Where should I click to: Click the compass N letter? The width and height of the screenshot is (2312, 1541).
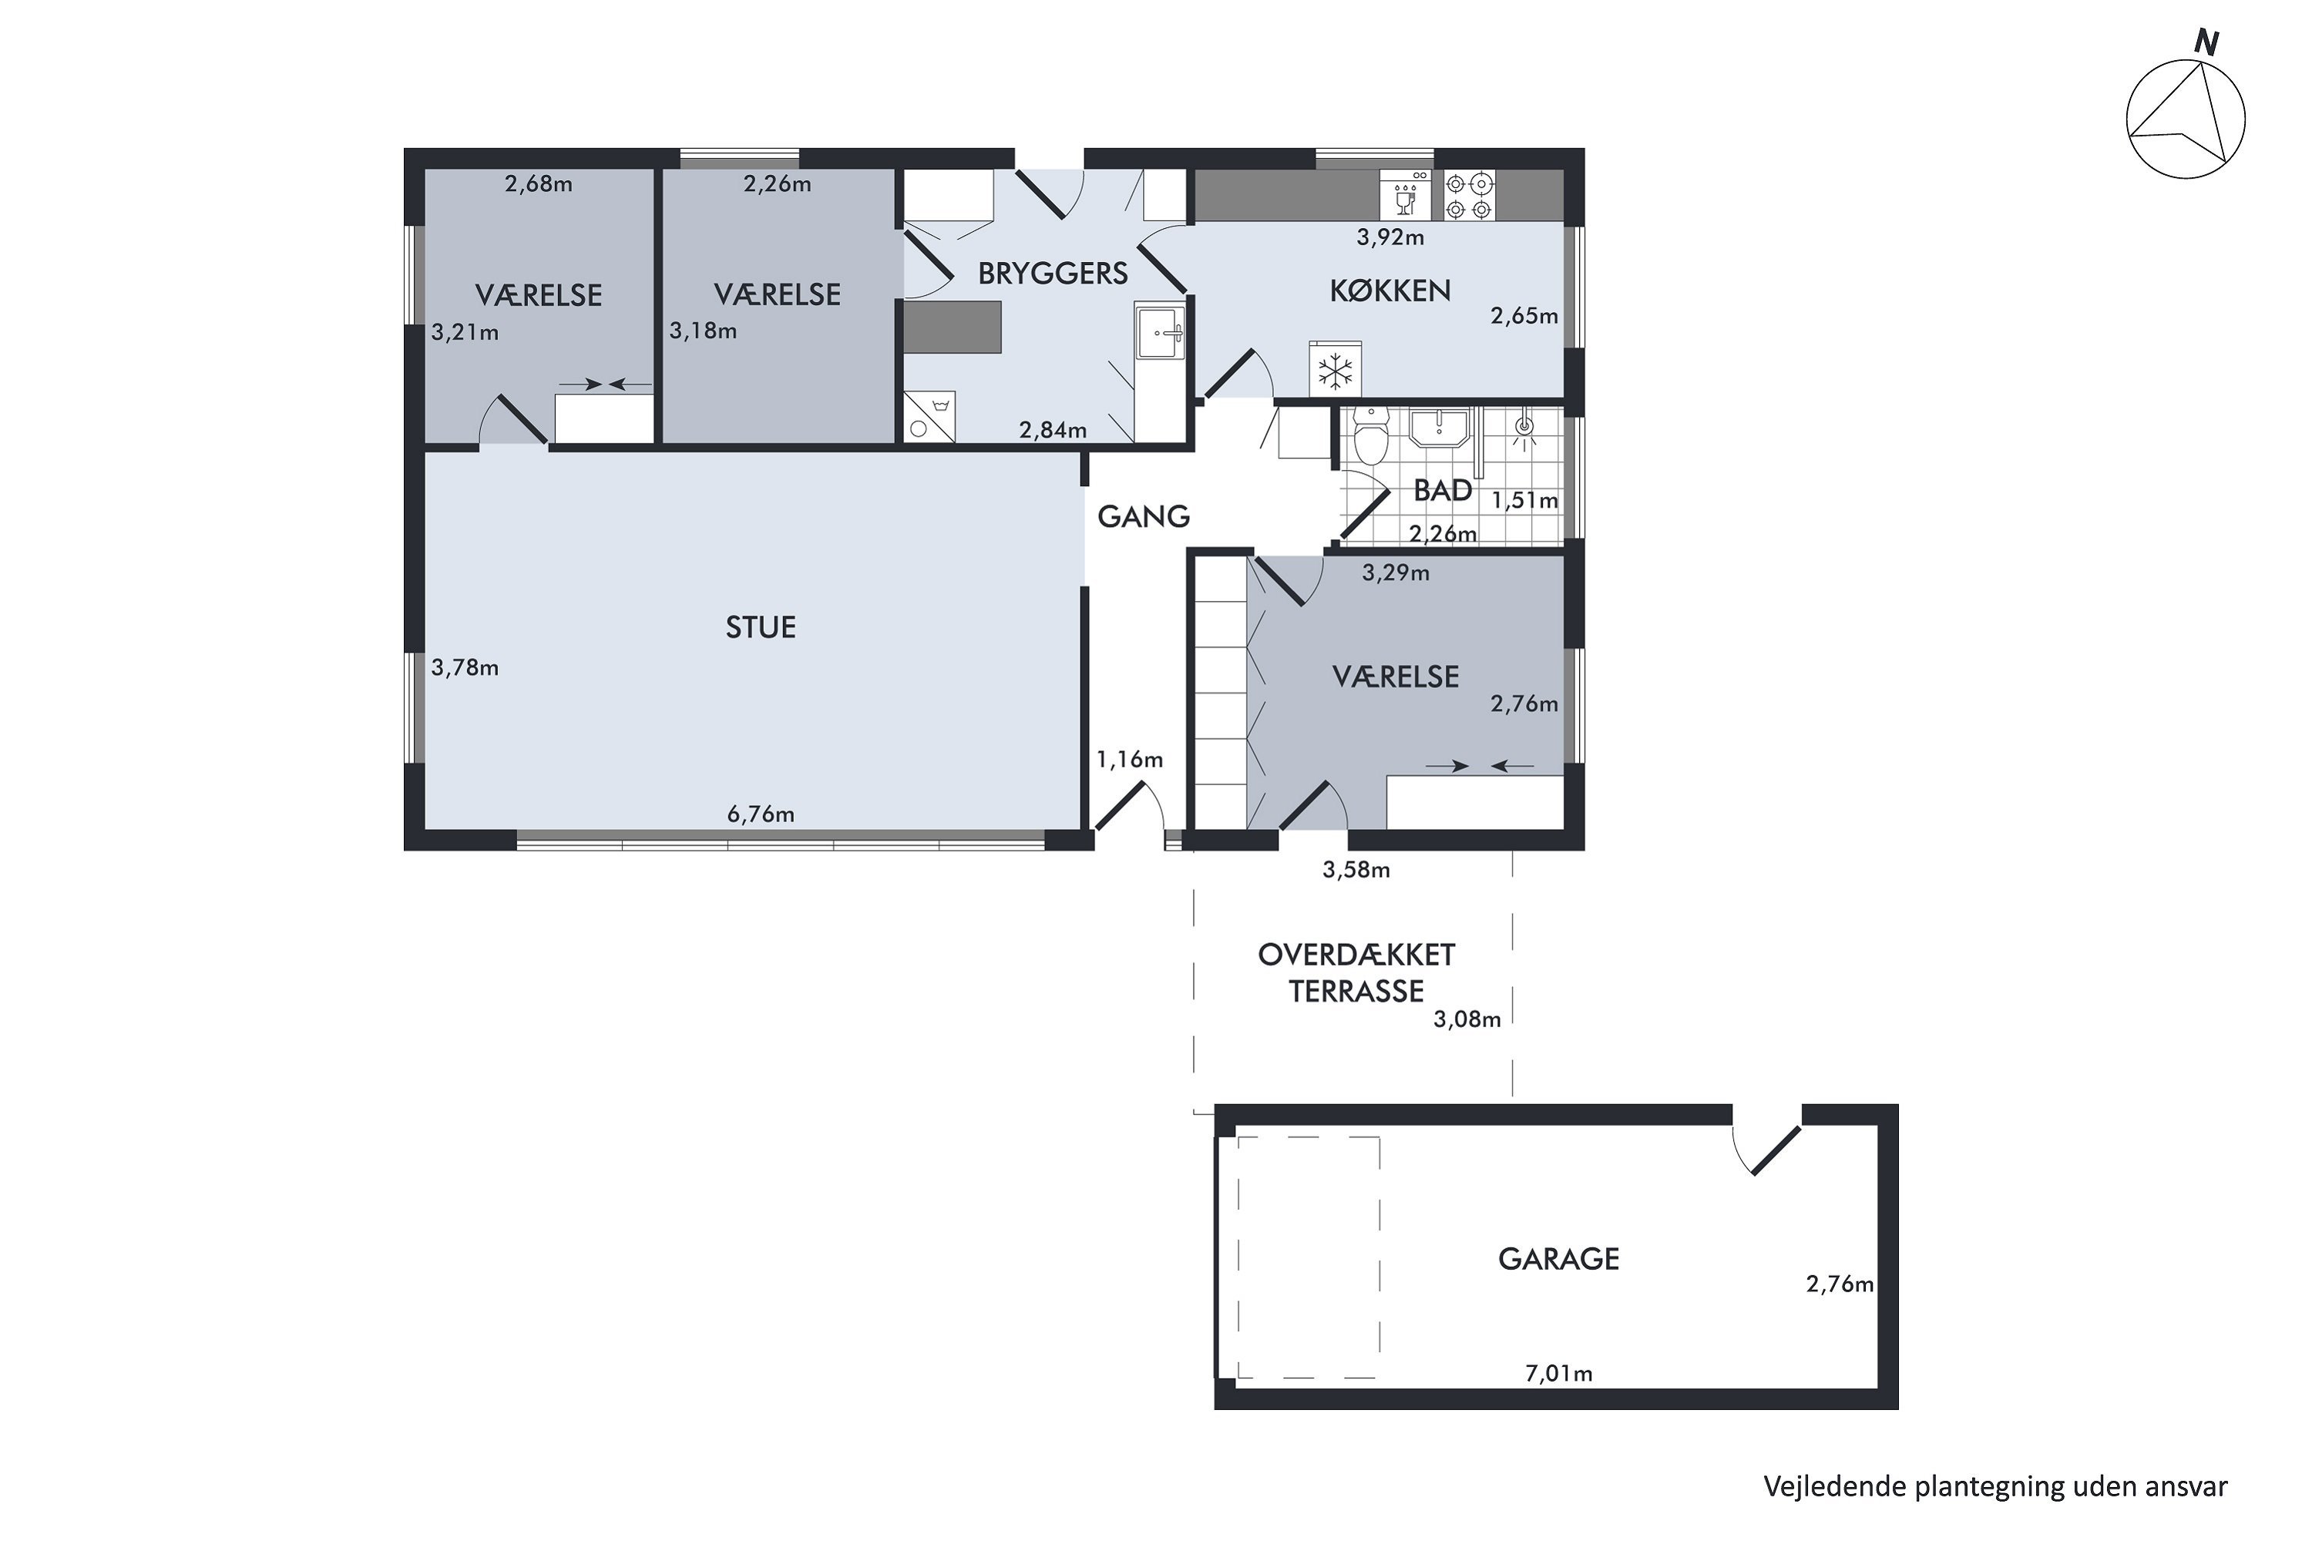2208,43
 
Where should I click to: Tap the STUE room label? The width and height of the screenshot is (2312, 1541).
761,628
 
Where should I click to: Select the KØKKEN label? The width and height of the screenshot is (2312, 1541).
1390,291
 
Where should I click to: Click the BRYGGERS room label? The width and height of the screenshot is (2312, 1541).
1053,274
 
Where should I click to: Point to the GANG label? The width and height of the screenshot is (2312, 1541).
1143,517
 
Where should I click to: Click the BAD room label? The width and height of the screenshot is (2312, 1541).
1443,490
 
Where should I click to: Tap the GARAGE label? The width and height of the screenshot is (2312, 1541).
1559,1259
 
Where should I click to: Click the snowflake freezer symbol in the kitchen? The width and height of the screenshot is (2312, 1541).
1335,371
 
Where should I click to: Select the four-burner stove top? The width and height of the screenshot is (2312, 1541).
1470,196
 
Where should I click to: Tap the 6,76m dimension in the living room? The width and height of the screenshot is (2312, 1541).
761,814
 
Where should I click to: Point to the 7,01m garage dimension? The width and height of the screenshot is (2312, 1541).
1559,1373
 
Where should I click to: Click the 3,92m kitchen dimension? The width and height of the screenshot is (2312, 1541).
1390,237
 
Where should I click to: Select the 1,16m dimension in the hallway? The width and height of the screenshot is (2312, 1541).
1130,759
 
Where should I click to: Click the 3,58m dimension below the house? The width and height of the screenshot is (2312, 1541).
1356,870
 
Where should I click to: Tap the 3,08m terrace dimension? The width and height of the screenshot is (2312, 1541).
1467,1019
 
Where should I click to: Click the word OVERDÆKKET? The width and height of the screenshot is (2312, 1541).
1356,955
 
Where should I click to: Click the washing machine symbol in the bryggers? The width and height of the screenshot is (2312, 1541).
929,418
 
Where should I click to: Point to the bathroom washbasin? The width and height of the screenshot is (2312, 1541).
1439,428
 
